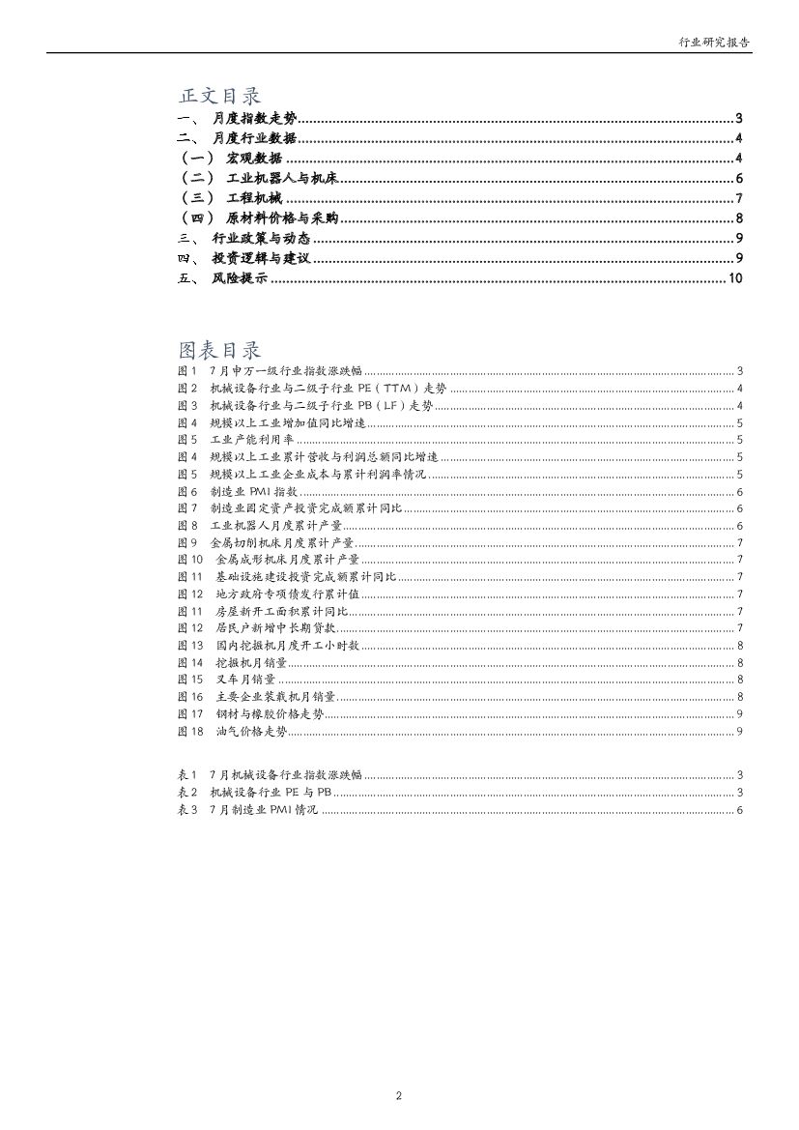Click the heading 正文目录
click(219, 96)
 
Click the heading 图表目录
click(219, 349)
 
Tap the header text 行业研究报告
click(715, 43)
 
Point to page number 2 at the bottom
click(399, 1095)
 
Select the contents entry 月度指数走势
click(254, 119)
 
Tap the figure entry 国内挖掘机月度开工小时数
click(288, 646)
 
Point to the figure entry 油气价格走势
click(252, 732)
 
